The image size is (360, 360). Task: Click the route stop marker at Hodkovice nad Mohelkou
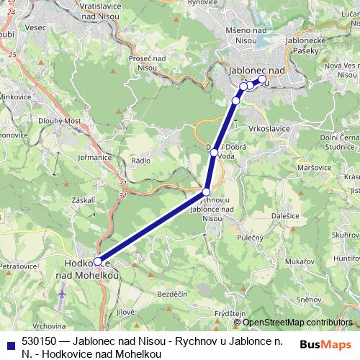pos(98,262)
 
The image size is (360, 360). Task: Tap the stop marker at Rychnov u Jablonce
pos(207,192)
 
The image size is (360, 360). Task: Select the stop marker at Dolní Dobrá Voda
pos(214,152)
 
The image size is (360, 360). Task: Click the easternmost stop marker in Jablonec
pos(262,79)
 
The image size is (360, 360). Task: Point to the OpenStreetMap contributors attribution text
pos(302,322)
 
